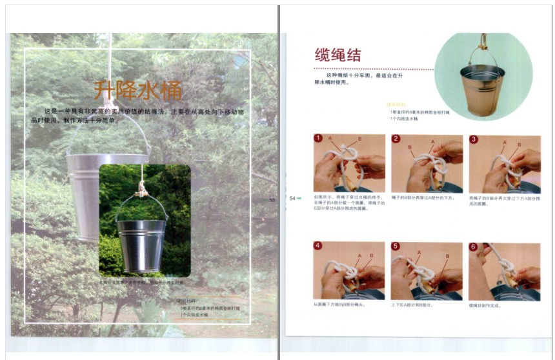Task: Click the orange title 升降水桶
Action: pos(137,90)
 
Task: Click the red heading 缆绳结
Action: pos(338,54)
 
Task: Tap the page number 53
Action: pos(272,201)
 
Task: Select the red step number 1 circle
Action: pos(318,139)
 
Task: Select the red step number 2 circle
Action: pos(396,139)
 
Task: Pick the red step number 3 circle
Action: pos(474,139)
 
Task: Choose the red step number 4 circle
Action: pos(318,246)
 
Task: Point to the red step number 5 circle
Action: pos(396,246)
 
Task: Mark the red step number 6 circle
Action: pos(474,246)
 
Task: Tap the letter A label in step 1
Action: pos(330,139)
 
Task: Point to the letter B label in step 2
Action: pos(410,147)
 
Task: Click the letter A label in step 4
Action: pos(359,256)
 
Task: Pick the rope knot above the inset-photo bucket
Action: pos(141,190)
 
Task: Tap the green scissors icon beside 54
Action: pos(299,198)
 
